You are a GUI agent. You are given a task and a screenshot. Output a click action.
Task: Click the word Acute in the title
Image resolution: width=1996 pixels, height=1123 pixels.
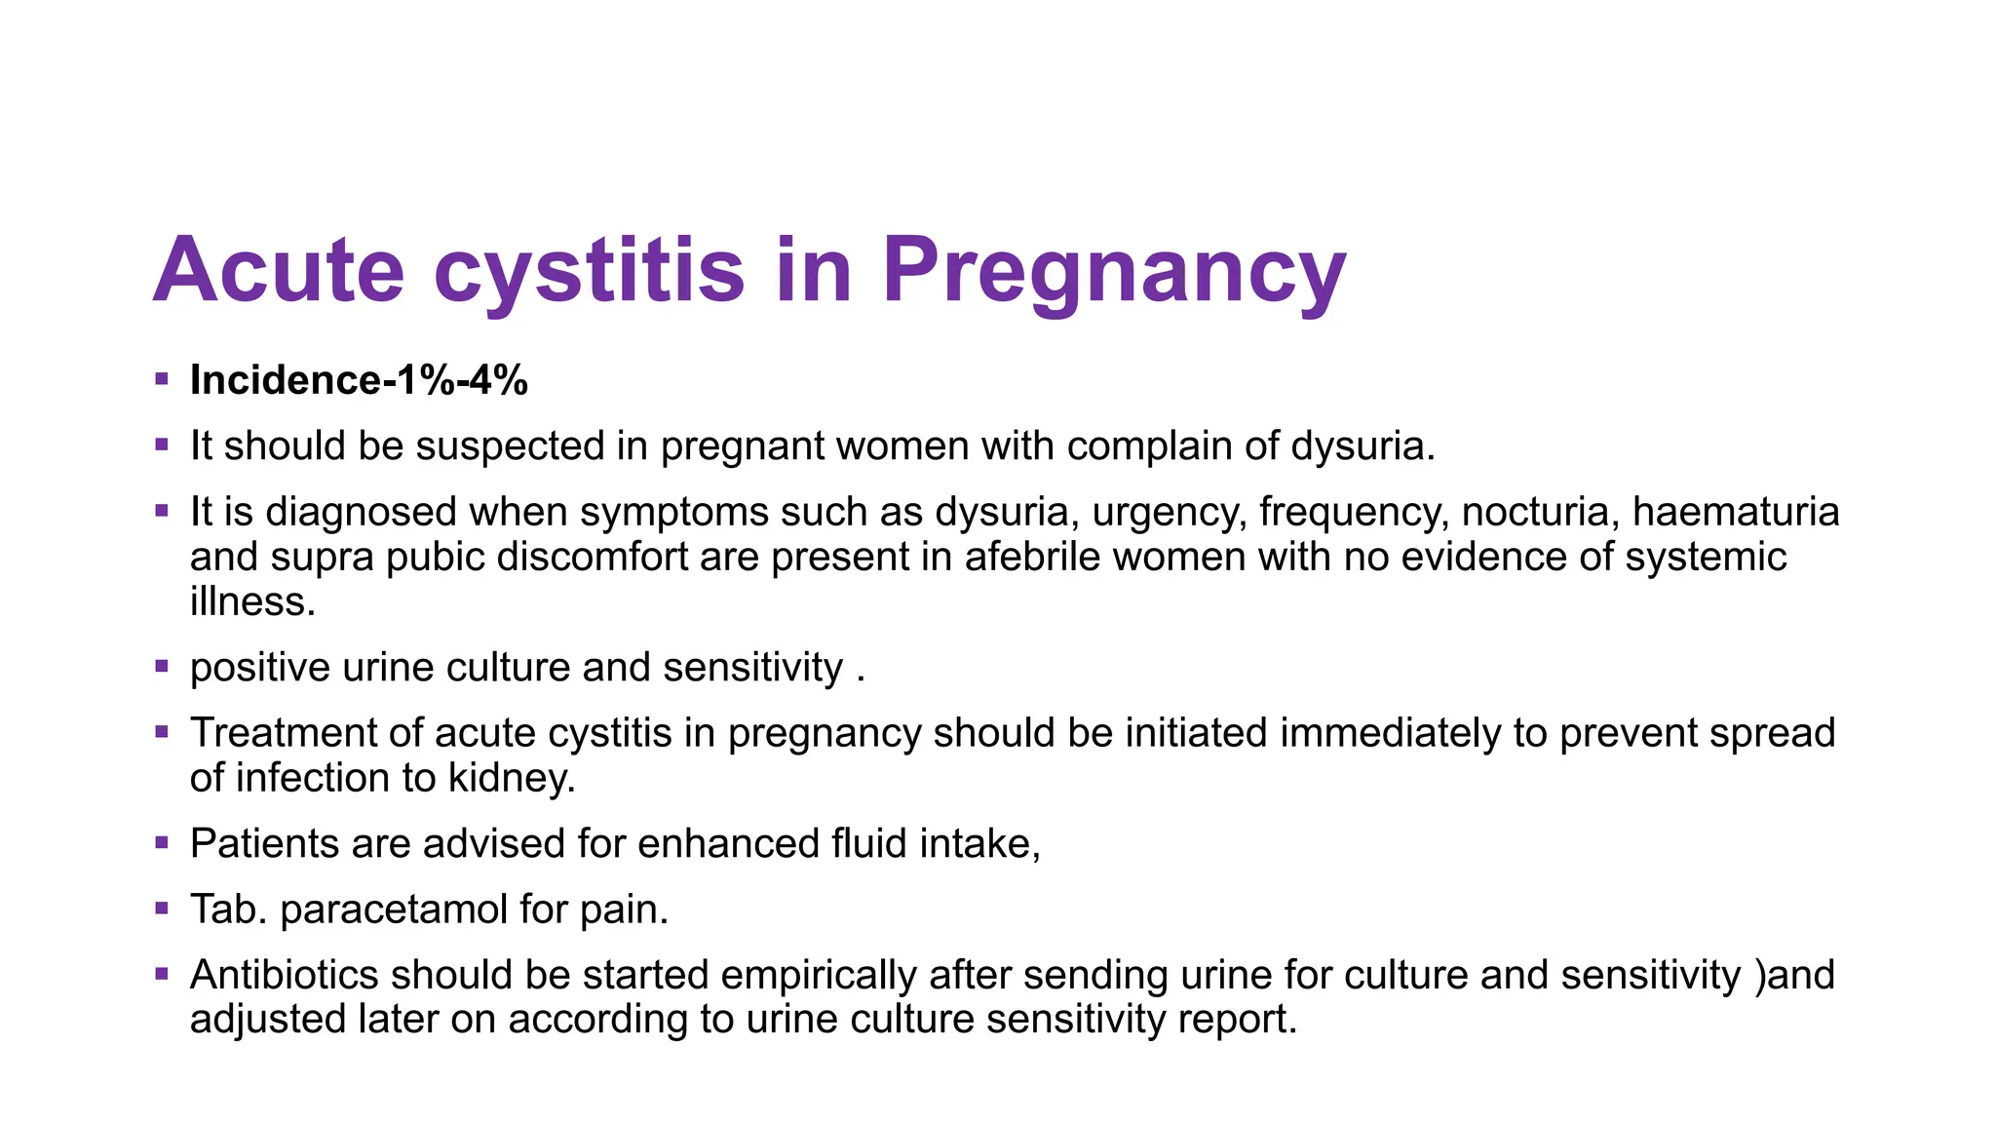[x=279, y=270]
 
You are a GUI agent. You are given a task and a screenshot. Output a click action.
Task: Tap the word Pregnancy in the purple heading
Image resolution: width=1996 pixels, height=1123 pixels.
[x=1114, y=270]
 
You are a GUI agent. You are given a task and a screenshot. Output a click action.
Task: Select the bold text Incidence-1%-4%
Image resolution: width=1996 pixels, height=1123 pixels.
[x=359, y=380]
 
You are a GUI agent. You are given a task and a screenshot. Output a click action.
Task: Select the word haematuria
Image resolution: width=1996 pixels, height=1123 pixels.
[x=1736, y=512]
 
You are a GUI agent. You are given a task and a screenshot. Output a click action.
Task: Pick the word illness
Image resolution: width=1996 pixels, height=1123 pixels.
[x=252, y=601]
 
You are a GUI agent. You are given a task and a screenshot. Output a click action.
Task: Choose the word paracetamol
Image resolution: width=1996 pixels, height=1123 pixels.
[x=394, y=910]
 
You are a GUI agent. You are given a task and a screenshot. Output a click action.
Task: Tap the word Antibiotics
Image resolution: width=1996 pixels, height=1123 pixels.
[x=285, y=975]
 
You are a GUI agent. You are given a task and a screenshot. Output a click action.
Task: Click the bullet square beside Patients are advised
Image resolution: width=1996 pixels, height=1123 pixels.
[x=162, y=840]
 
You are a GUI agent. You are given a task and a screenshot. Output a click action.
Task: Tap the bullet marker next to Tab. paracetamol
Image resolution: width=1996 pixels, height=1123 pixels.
[x=162, y=907]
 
